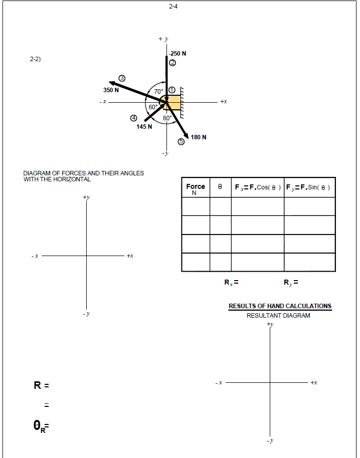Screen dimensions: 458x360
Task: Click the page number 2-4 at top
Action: tap(173, 7)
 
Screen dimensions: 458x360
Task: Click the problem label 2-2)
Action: tap(35, 59)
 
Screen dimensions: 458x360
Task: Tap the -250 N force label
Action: tap(177, 53)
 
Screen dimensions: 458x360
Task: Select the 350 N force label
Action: tap(111, 90)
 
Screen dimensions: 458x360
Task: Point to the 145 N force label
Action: tap(144, 127)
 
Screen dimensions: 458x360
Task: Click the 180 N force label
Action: tap(199, 137)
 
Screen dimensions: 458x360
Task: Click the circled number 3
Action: tap(122, 79)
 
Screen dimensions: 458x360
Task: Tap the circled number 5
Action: tap(182, 142)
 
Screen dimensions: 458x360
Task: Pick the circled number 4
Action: tap(133, 118)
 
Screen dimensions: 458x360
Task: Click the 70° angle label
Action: tap(158, 92)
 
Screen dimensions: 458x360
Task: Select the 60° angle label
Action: tap(153, 107)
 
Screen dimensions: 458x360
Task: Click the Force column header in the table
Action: tap(196, 189)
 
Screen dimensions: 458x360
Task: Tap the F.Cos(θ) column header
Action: tap(258, 187)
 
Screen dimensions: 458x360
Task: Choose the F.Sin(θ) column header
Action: tap(310, 187)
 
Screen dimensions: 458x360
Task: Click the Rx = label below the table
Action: tap(231, 283)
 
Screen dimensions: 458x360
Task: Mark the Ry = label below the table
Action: tap(291, 283)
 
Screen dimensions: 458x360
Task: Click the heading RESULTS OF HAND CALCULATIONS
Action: tap(280, 306)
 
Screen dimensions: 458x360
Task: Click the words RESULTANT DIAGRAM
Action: tap(278, 316)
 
